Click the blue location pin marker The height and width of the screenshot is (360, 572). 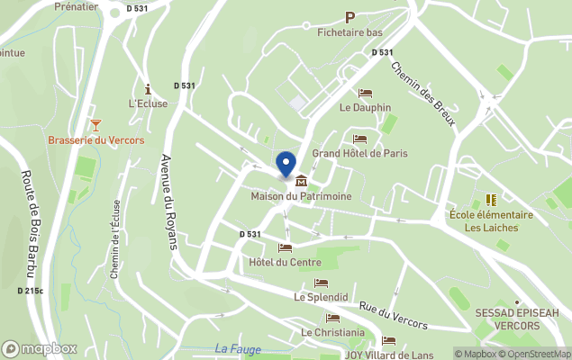coord(286,165)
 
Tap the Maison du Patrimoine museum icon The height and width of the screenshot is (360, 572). coord(300,181)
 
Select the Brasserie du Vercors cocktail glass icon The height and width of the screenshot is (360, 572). coord(95,124)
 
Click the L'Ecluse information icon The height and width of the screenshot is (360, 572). coord(147,88)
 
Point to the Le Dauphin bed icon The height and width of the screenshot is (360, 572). coord(365,93)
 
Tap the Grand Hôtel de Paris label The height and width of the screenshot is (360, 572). coord(359,154)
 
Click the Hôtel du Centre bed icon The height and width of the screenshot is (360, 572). coord(286,247)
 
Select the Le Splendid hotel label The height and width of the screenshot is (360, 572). coord(321,296)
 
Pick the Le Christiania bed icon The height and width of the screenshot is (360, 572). coord(333,318)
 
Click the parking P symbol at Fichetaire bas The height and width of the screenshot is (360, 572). coord(350,17)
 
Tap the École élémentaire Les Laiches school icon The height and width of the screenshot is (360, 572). coord(491,200)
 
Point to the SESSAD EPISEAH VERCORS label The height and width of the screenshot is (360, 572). coord(516,319)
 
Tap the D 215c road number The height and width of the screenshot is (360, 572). coord(30,291)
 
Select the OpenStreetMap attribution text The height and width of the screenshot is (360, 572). coord(538,354)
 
